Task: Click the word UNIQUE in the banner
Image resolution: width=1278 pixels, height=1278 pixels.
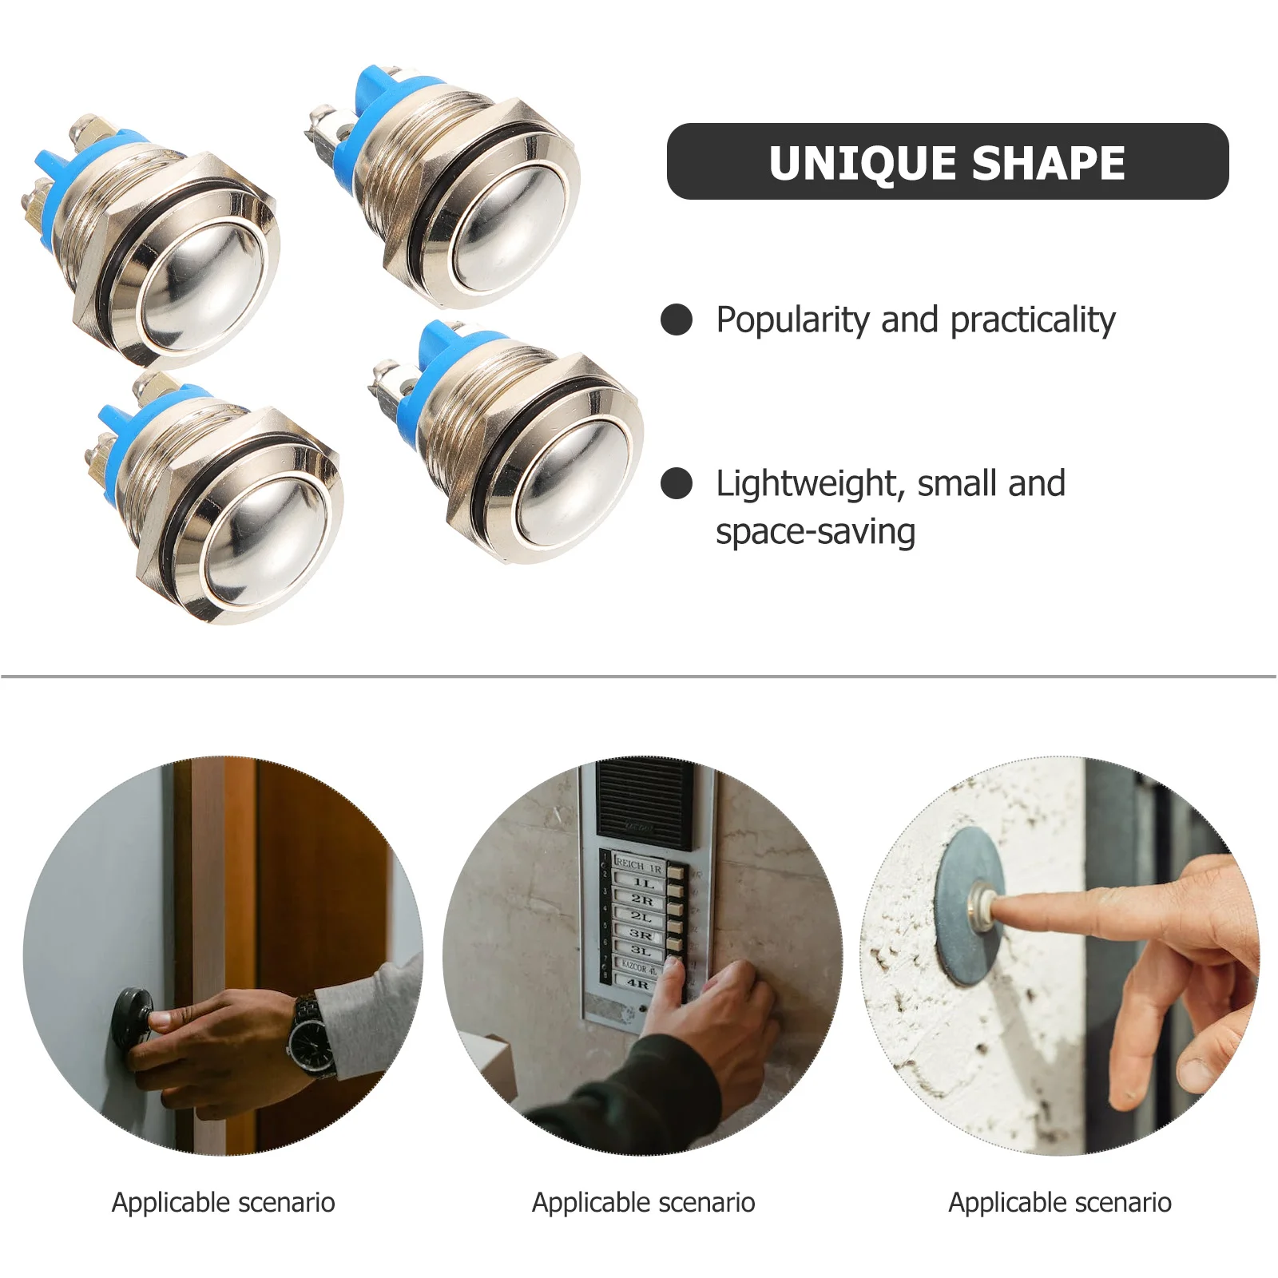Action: (862, 163)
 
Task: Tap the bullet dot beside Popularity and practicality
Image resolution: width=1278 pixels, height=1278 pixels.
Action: (677, 319)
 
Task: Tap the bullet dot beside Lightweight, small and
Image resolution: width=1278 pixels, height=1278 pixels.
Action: (677, 483)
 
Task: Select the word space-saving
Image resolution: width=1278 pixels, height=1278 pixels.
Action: (815, 532)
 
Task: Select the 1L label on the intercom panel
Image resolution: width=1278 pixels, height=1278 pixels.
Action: (643, 883)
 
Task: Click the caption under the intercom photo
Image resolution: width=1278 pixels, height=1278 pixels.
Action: (643, 1202)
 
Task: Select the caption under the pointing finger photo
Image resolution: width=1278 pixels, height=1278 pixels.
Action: (1059, 1202)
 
